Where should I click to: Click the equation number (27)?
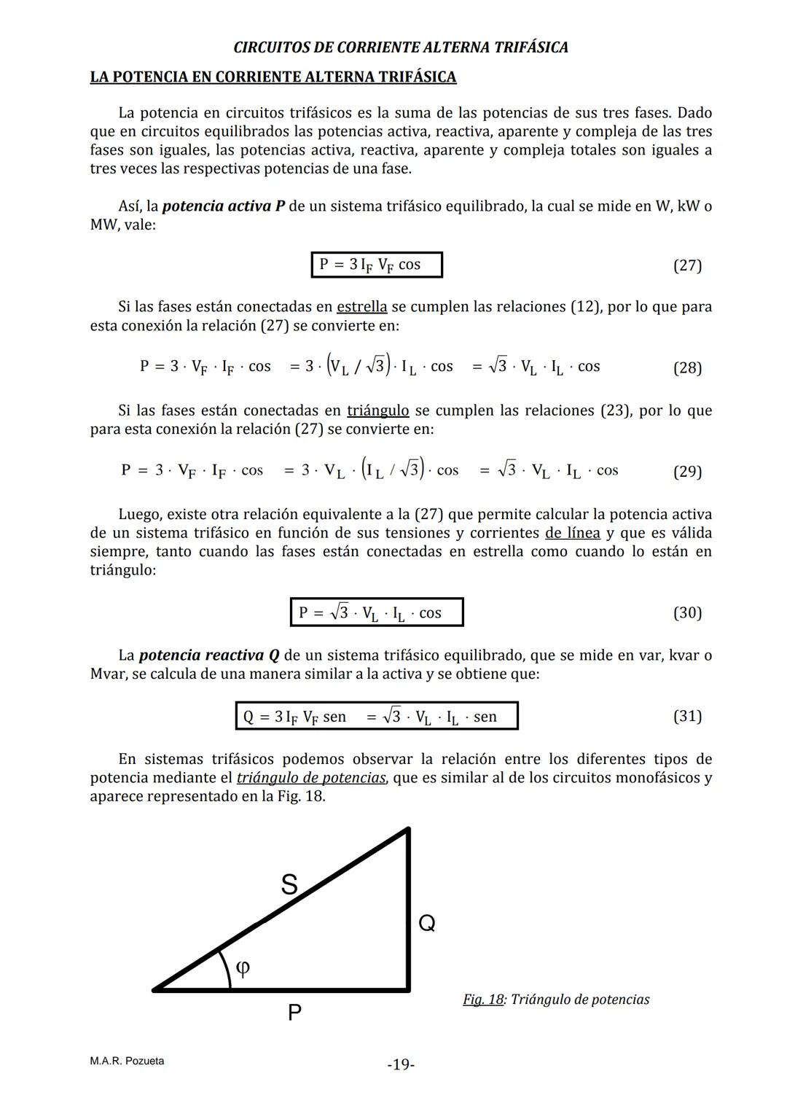pyautogui.click(x=687, y=265)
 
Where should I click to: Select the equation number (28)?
pyautogui.click(x=687, y=367)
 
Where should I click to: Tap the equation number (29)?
pyautogui.click(x=687, y=472)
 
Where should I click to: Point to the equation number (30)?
pyautogui.click(x=687, y=613)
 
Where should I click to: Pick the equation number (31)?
pyautogui.click(x=687, y=717)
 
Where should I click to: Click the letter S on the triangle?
pyautogui.click(x=289, y=884)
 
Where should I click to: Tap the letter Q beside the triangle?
pyautogui.click(x=427, y=924)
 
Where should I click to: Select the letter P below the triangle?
pyautogui.click(x=294, y=1013)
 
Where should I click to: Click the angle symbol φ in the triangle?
pyautogui.click(x=243, y=967)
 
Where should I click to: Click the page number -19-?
pyautogui.click(x=401, y=1065)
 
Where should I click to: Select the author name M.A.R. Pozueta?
pyautogui.click(x=127, y=1061)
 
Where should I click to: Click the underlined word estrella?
pyautogui.click(x=361, y=307)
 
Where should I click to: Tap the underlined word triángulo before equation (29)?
pyautogui.click(x=377, y=410)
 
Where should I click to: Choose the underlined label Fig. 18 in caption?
pyautogui.click(x=483, y=1000)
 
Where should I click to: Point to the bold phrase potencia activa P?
pyautogui.click(x=223, y=206)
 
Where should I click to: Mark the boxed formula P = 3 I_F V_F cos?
pyautogui.click(x=376, y=265)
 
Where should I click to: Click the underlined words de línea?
pyautogui.click(x=572, y=533)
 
